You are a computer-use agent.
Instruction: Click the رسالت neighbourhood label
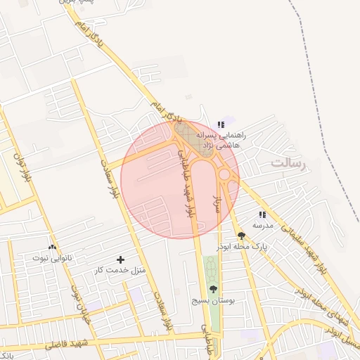coord(290,164)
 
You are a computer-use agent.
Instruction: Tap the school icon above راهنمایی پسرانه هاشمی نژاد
coord(221,124)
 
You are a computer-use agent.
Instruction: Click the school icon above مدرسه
coord(262,214)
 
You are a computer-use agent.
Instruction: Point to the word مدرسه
coord(262,225)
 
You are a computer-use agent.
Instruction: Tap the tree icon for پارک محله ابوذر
coord(241,236)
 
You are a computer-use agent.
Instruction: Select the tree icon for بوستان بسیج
coord(213,289)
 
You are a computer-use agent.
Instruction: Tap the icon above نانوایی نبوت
coord(52,247)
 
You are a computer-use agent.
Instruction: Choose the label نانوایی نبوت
coord(52,258)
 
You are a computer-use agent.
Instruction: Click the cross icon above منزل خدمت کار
coord(120,260)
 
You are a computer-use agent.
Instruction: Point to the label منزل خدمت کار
coord(120,271)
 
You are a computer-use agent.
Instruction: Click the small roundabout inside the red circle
coord(225,174)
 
